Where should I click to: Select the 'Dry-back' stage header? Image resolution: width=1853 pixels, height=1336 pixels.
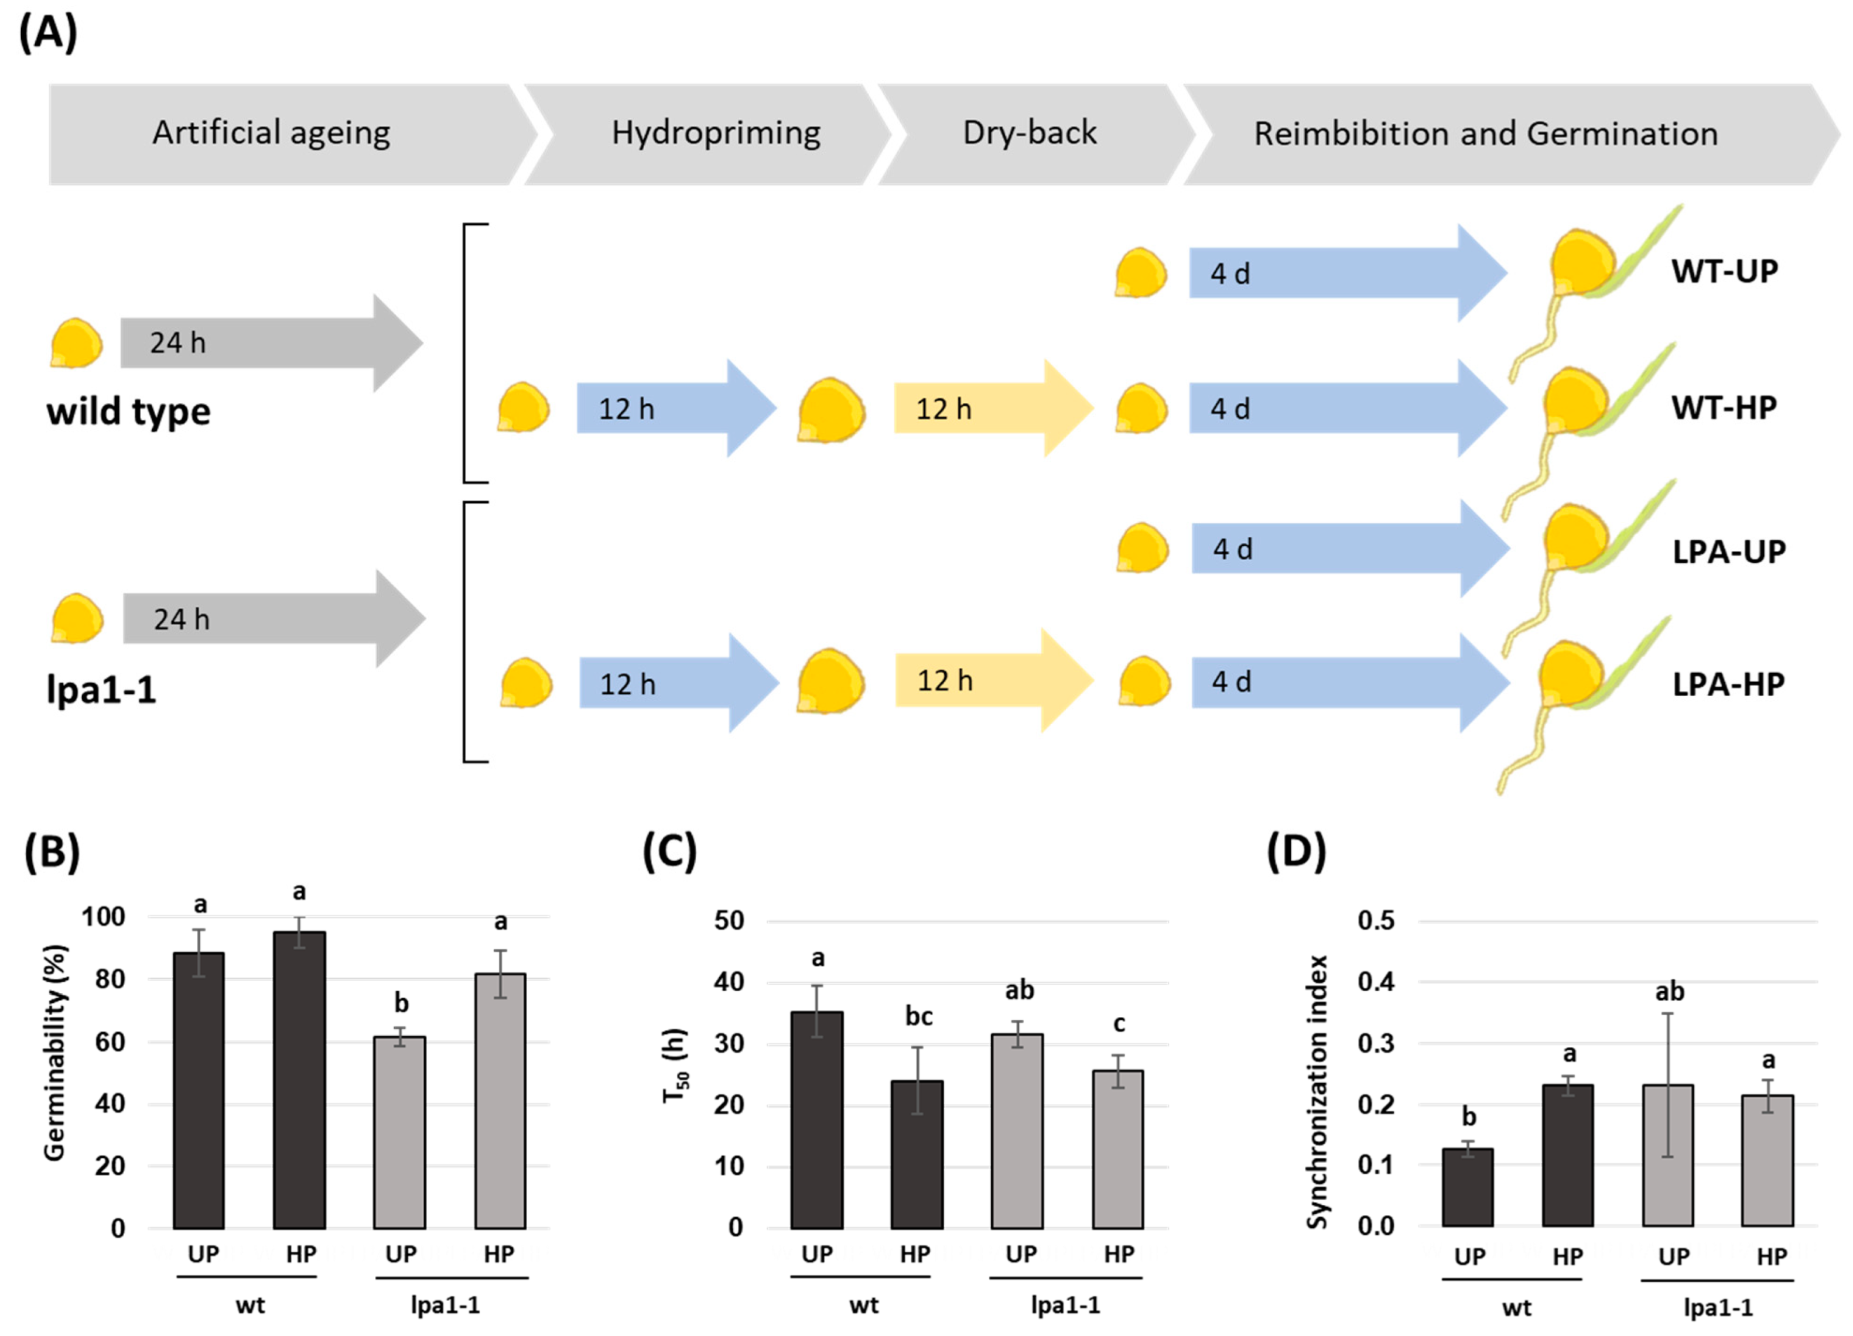[1030, 133]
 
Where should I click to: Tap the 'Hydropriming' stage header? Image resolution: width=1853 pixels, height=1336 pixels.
[716, 133]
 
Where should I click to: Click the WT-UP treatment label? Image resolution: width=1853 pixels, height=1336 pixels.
[1724, 272]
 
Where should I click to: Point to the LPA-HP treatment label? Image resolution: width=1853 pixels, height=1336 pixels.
[1728, 684]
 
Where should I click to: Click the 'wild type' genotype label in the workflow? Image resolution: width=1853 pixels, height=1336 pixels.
[128, 412]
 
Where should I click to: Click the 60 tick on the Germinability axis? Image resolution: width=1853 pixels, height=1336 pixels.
[110, 1042]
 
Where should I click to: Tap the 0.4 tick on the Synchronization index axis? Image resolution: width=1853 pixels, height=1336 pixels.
[1376, 982]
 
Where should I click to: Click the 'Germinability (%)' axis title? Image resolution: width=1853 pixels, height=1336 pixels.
[54, 1053]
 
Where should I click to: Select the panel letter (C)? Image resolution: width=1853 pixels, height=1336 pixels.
[669, 852]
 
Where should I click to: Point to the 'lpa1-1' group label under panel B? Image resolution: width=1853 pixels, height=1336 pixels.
[445, 1305]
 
